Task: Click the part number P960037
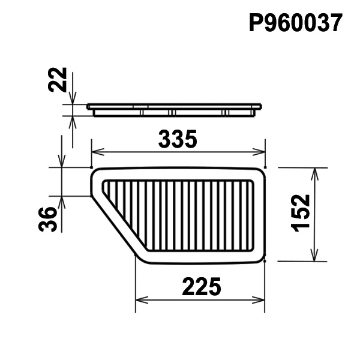296,23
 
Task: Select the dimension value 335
178,139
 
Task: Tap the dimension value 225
202,287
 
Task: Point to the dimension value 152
301,213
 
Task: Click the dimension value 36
47,219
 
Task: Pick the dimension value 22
57,80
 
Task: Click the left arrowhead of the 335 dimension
98,152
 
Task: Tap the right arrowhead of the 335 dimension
259,152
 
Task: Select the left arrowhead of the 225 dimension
142,300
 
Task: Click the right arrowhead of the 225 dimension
259,300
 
